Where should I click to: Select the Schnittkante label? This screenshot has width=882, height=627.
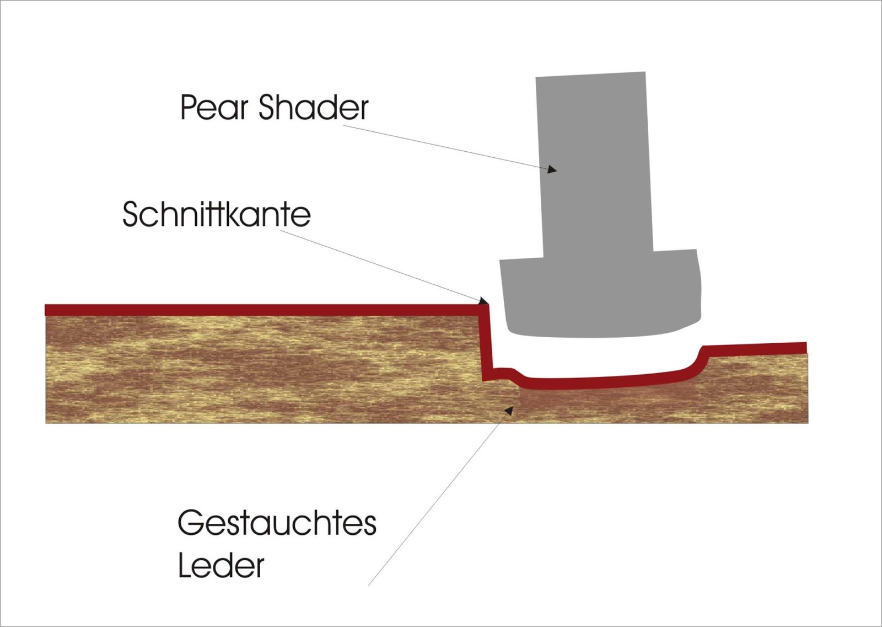tap(216, 214)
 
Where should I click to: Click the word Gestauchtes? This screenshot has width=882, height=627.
tap(277, 523)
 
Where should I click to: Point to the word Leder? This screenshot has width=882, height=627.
tap(221, 566)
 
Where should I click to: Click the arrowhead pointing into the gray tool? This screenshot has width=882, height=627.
tap(552, 169)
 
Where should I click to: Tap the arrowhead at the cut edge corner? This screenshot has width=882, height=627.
tap(483, 301)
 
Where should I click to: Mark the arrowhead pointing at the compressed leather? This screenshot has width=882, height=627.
tap(510, 410)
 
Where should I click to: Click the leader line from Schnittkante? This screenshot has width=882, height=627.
tap(380, 265)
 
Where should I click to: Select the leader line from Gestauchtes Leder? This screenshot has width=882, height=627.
tap(441, 497)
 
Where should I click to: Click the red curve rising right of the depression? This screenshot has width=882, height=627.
tap(697, 359)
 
